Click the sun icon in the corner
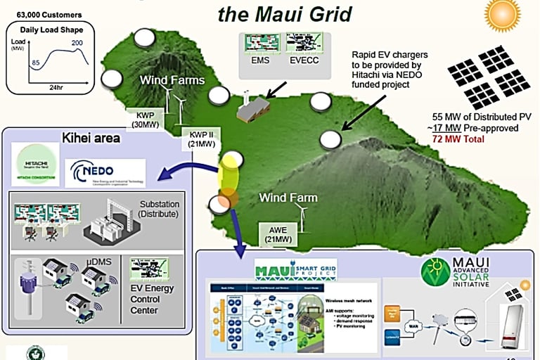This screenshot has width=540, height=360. pos(504,14)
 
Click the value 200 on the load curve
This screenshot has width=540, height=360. pos(77,44)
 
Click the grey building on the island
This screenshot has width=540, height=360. pos(253,109)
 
